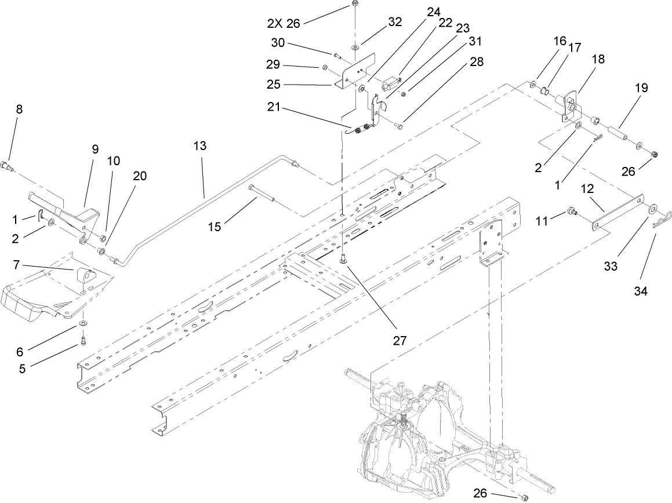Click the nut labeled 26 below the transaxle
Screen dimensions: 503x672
524,497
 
